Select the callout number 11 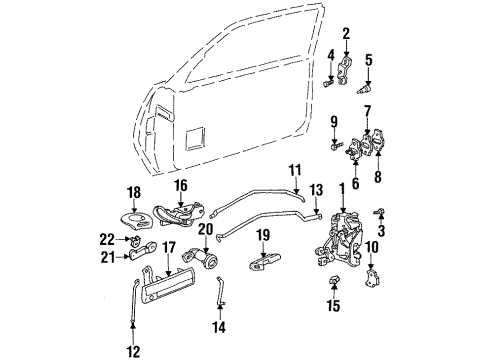(x=295, y=169)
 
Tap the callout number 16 (x=183, y=185)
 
